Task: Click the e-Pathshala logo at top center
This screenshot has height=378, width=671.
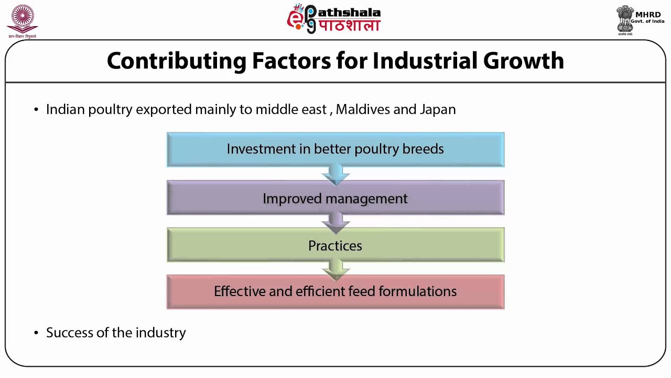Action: point(333,19)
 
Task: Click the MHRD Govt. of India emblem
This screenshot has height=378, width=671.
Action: point(640,20)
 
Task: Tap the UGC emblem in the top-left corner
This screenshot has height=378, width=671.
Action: point(22,21)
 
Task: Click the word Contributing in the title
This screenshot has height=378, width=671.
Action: point(176,61)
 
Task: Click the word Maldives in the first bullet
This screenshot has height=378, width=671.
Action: point(362,109)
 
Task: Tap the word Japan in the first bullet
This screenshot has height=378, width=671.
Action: point(438,109)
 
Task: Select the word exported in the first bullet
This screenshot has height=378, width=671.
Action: point(164,109)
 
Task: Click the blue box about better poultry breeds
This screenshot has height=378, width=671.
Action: point(335,149)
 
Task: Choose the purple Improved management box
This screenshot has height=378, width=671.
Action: point(335,198)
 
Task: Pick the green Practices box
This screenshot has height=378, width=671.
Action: point(335,245)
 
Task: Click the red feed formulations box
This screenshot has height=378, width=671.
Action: point(335,291)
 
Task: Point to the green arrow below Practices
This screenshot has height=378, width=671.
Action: point(335,269)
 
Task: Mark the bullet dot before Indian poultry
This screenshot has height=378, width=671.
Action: point(36,110)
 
